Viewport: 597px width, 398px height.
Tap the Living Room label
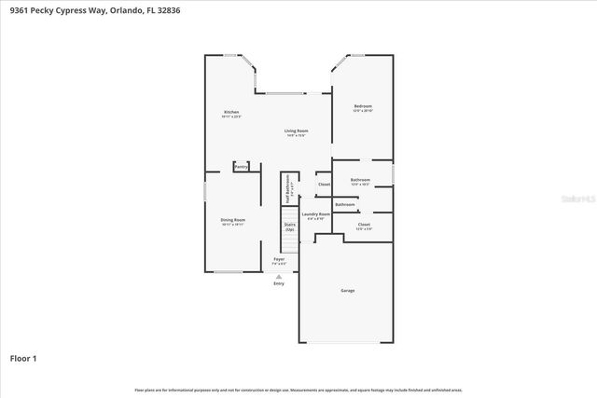coord(297,130)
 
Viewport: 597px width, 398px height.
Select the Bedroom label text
coord(363,106)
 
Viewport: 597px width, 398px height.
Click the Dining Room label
coord(232,220)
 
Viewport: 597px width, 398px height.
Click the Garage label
coord(347,290)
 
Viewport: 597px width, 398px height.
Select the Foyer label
coord(279,259)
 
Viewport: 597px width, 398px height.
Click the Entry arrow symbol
coord(279,276)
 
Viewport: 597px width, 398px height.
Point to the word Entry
coord(279,283)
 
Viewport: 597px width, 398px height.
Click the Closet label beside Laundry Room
coord(324,184)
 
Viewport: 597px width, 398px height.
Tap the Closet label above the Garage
coord(364,224)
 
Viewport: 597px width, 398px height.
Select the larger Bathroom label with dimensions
coord(360,179)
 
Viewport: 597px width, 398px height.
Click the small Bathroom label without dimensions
coord(345,203)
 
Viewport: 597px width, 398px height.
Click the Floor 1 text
coord(23,357)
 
